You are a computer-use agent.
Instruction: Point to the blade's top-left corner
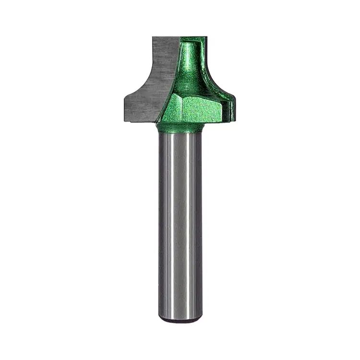click(153, 37)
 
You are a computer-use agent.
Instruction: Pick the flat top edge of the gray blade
click(166, 37)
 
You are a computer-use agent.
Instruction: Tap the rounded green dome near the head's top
click(192, 53)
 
